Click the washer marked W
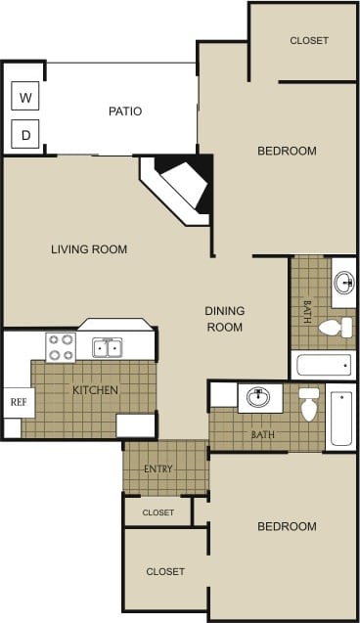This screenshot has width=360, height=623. [25, 97]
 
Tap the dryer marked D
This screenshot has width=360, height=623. [25, 133]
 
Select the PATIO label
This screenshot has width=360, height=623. [125, 111]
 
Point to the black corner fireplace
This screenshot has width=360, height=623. [184, 184]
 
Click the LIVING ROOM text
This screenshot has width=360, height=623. [89, 249]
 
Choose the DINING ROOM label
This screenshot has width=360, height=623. [224, 319]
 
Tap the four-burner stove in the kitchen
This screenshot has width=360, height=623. [61, 347]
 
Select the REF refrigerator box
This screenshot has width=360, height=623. [17, 401]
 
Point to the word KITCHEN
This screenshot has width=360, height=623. [95, 391]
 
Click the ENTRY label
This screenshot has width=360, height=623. [158, 469]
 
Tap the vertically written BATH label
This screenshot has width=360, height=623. [306, 311]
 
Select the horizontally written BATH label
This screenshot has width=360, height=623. [262, 434]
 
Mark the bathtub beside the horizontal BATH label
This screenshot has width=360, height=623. [340, 418]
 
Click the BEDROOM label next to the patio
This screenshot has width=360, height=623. [287, 151]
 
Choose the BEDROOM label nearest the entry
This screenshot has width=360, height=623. [287, 527]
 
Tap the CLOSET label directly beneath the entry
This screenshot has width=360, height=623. [158, 512]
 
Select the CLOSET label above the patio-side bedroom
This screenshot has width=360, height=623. [309, 41]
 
